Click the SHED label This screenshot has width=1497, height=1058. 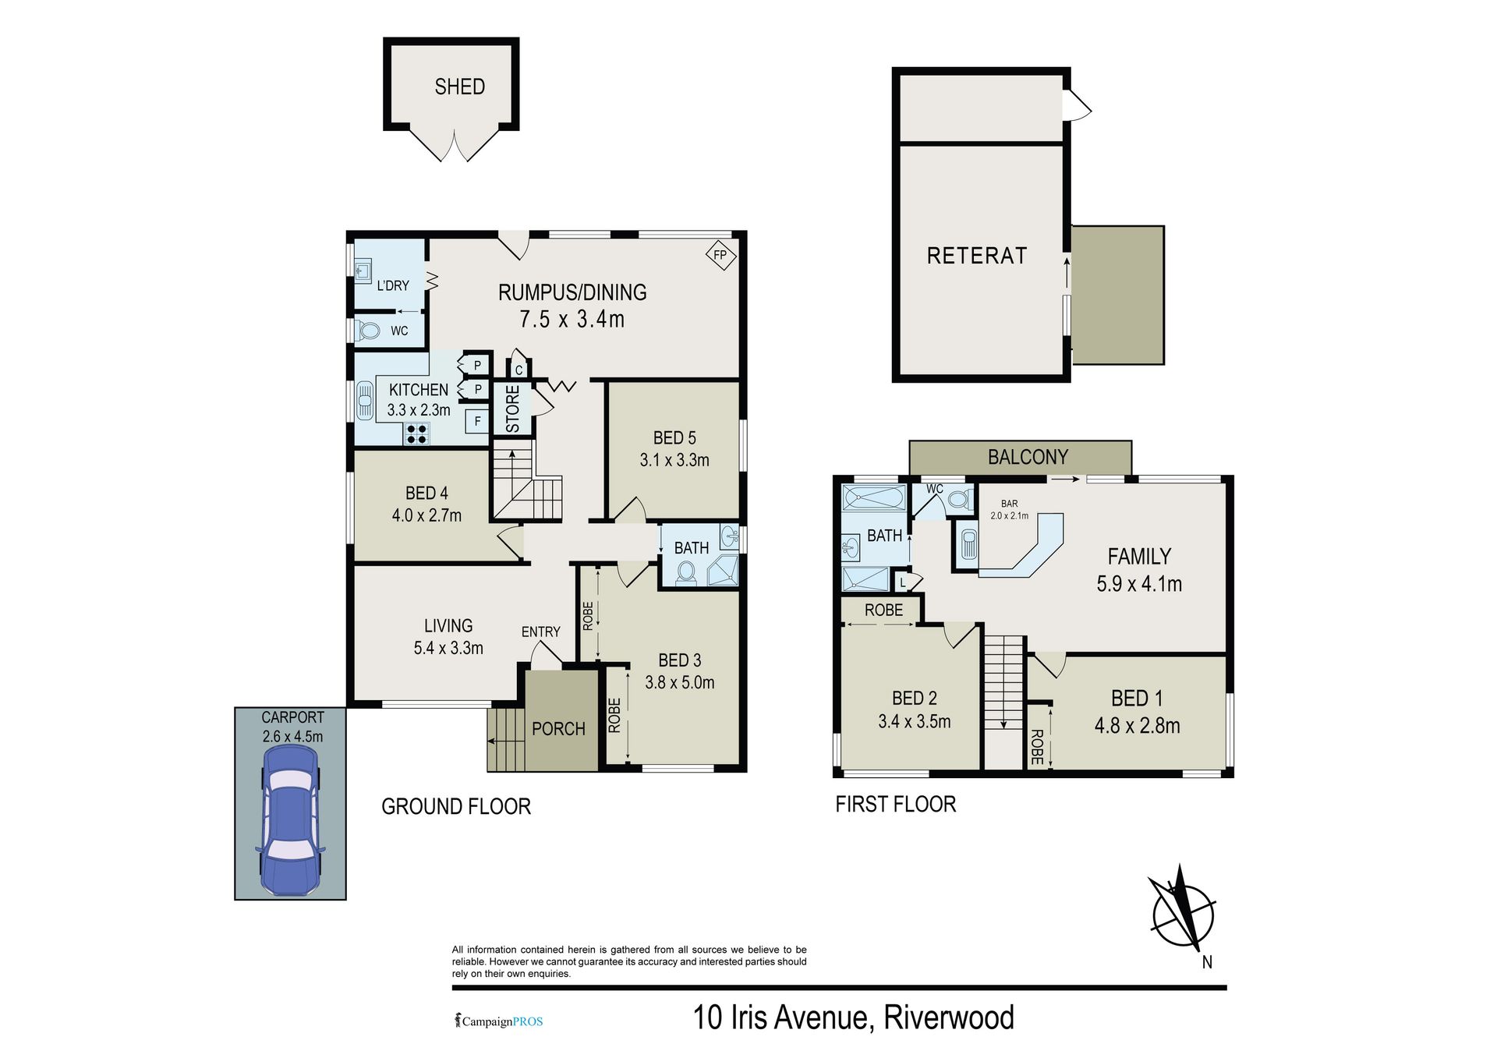pos(459,87)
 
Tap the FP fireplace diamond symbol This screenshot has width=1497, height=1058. pos(720,255)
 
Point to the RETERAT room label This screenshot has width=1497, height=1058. pos(977,256)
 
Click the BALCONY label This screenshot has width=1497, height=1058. pos(1028,457)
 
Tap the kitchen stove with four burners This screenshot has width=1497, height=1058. pos(416,433)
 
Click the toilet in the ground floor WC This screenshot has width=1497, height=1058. pos(368,331)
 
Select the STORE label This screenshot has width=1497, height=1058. pos(512,409)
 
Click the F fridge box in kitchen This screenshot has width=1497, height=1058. pos(477,422)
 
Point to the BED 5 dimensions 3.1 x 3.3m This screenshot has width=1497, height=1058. pos(674,460)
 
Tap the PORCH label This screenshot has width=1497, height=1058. pos(558,729)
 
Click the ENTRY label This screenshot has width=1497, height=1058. pos(541,632)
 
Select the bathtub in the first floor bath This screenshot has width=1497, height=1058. pos(874,497)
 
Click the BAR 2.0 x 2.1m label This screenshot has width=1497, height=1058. pos(1009,510)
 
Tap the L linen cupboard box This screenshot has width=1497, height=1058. pos(903,582)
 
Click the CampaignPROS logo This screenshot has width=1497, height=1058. pos(499,1021)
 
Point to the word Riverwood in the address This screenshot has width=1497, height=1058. pos(949,1017)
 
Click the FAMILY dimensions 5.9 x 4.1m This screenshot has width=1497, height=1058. pos(1139,583)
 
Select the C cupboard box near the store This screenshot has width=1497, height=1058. pos(519,370)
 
